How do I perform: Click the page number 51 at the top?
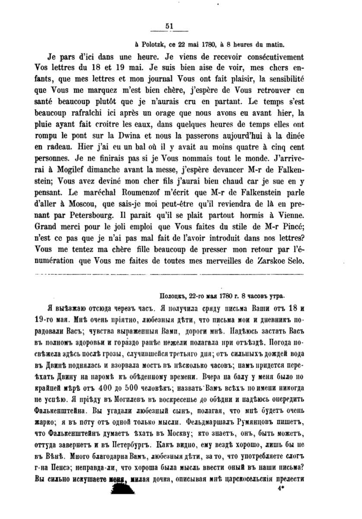[169, 26]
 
